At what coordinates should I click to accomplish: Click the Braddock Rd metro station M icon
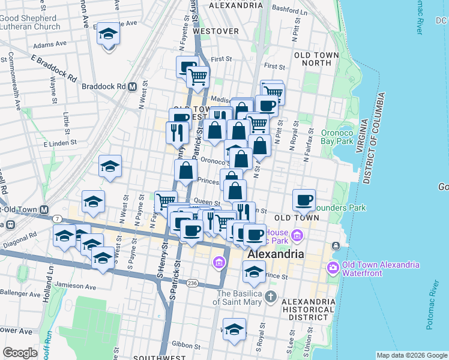coord(131,86)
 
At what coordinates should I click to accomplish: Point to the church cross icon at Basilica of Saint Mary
coord(271,296)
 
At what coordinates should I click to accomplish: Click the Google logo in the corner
coord(20,353)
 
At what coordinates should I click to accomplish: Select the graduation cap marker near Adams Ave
coord(109,34)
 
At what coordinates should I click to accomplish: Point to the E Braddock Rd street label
coord(53,69)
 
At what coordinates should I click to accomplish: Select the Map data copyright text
coord(412,355)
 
